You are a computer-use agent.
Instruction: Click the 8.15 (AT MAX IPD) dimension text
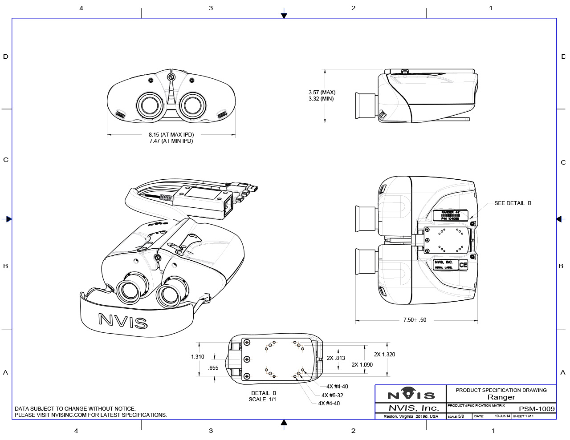point(171,134)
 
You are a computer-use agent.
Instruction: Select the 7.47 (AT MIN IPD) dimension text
point(171,141)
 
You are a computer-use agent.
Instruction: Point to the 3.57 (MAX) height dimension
point(322,93)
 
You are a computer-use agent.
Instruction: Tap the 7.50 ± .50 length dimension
point(415,320)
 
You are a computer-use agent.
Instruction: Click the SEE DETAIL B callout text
point(513,203)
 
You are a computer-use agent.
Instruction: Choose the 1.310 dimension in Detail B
point(197,357)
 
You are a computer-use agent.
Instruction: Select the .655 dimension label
point(213,368)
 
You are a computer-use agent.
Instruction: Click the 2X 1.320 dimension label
point(384,355)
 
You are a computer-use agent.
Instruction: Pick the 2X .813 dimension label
point(336,358)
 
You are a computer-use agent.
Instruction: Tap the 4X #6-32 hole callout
point(332,395)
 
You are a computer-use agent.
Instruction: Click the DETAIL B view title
point(264,393)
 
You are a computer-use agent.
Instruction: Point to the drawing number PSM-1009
point(537,409)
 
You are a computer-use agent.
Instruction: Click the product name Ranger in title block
point(501,397)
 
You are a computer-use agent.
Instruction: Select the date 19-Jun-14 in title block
point(502,416)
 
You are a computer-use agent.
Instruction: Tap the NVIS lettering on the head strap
point(123,320)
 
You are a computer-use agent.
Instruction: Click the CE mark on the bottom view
point(463,265)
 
